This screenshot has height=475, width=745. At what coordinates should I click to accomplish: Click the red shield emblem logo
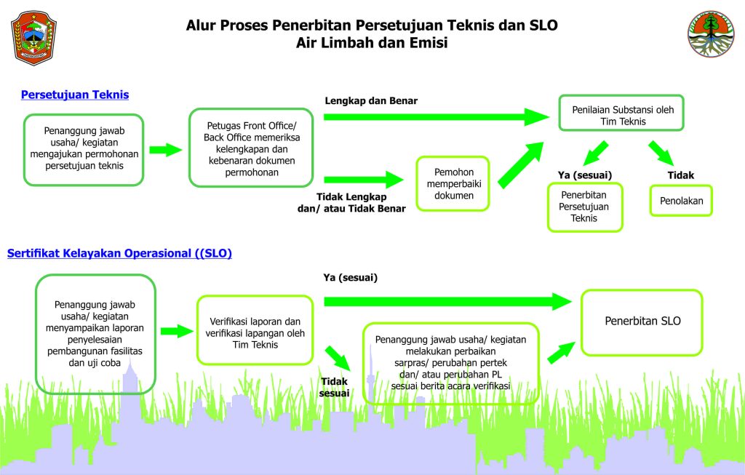pos(33,38)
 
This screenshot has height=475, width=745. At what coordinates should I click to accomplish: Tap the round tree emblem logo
pos(711,34)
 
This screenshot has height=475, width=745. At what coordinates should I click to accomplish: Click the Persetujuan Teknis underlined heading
pos(75,95)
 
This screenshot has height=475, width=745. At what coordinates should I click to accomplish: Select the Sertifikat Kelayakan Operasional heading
pos(119,253)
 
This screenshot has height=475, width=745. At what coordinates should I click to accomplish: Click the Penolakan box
pos(681,201)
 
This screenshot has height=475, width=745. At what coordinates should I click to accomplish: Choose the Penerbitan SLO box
pos(642,322)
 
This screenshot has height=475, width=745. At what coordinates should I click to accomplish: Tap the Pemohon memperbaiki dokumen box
pos(453,184)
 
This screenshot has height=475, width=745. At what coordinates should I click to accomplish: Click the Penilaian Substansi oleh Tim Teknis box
pos(621,113)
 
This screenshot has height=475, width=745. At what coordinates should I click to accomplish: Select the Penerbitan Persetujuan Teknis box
pos(585,207)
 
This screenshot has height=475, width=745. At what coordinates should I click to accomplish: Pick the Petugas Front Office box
pos(251,148)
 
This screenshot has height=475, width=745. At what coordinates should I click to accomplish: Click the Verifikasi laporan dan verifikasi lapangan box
pos(255,330)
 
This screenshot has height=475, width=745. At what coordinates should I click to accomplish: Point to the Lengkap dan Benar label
pos(371,100)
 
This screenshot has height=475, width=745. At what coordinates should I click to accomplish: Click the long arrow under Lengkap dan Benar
pos(437,117)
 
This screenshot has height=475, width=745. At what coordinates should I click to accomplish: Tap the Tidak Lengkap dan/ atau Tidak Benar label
pos(351,203)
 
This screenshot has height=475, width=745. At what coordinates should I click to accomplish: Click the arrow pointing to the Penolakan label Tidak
pos(661,153)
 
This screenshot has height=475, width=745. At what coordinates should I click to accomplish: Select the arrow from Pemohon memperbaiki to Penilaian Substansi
pos(521,165)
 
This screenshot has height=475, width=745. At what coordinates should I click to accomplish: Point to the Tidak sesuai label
pos(335,387)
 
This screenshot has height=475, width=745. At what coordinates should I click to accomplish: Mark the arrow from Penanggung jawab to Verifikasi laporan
pos(177,331)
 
